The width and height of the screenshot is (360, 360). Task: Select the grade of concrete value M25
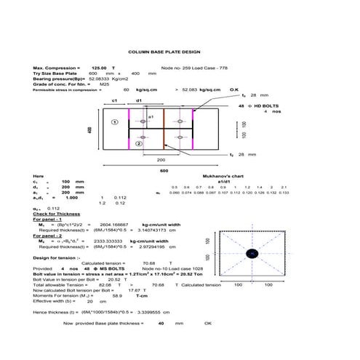[104, 84]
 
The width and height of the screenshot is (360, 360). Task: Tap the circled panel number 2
[139, 144]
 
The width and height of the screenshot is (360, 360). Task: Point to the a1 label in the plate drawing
[151, 116]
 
